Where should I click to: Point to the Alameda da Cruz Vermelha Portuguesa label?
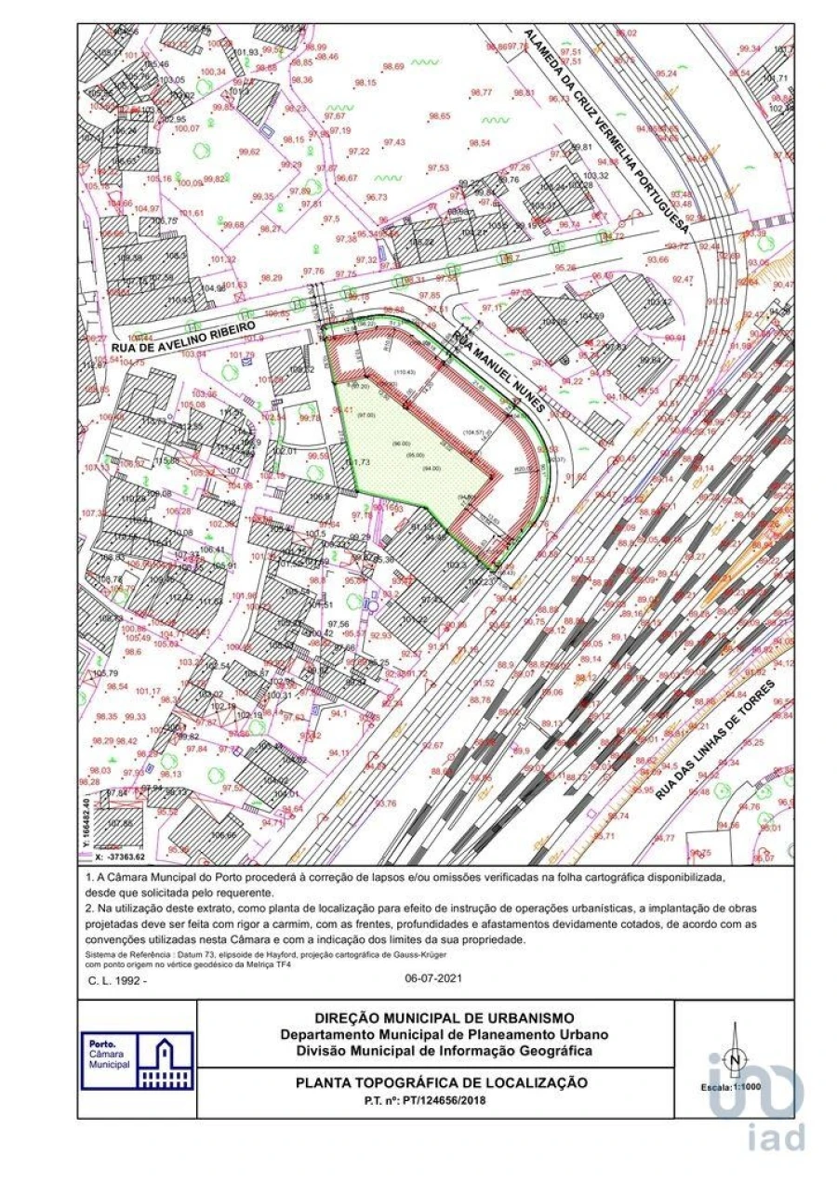point(604,130)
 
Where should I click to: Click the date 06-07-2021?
point(433,978)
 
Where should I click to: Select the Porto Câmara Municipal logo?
point(137,1060)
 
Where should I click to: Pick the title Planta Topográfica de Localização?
point(442,1082)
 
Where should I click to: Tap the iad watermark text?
point(776,1136)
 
